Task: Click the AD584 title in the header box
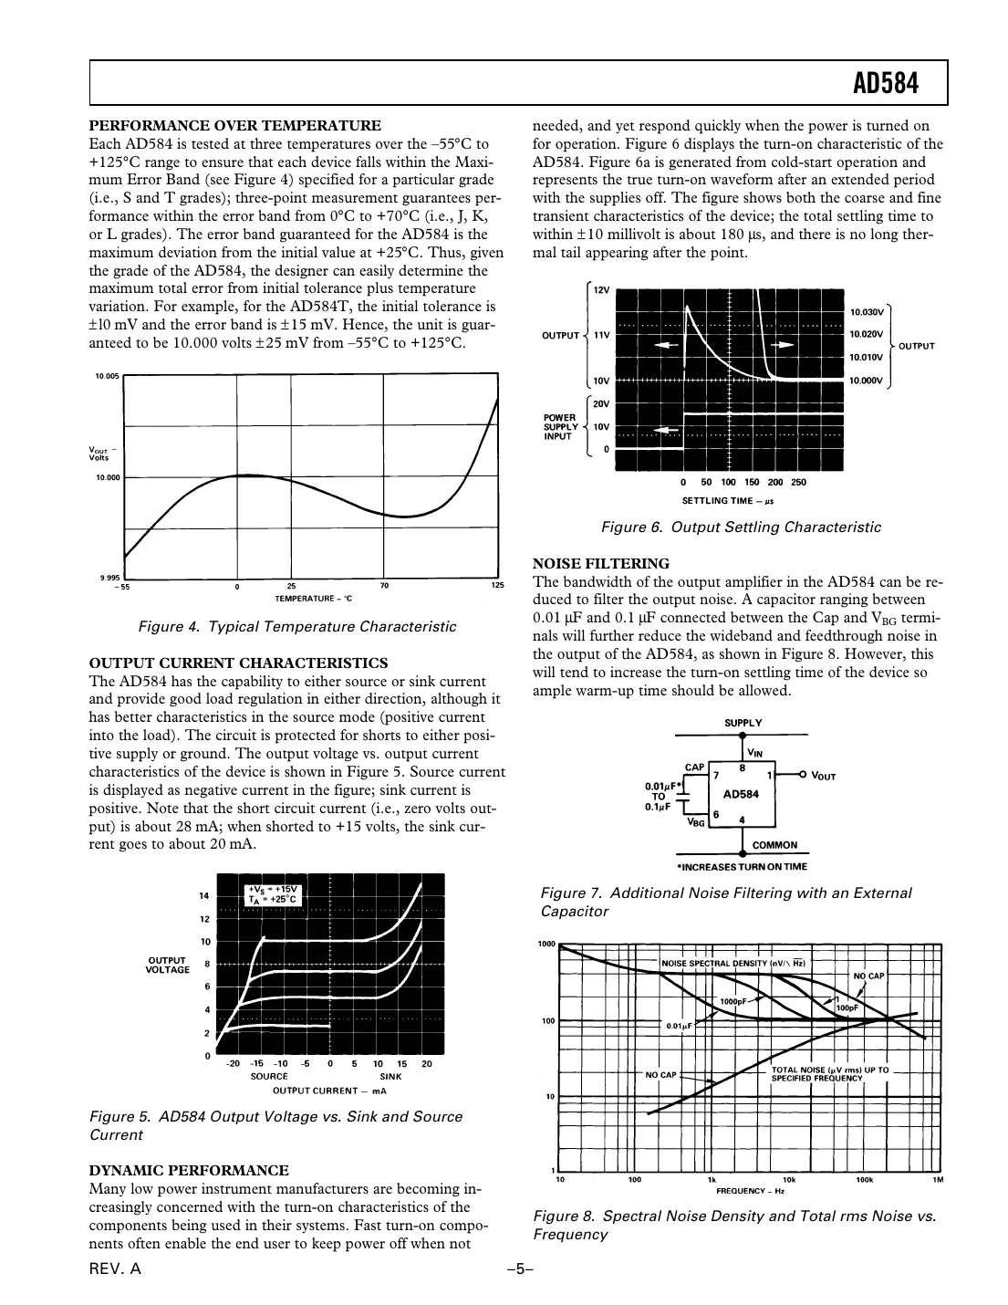[885, 84]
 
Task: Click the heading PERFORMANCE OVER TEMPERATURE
[234, 126]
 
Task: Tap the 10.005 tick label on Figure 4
[108, 376]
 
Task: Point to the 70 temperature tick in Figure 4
[384, 586]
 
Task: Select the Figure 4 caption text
[296, 627]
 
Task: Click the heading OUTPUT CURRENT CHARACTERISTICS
[238, 663]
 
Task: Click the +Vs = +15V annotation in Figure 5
[273, 889]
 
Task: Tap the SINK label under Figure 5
[390, 1077]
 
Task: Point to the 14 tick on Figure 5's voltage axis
[204, 896]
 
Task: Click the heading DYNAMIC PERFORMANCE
[189, 1171]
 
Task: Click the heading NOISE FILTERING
[600, 564]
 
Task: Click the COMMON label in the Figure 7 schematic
[774, 845]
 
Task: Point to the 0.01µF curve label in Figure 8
[680, 1027]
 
